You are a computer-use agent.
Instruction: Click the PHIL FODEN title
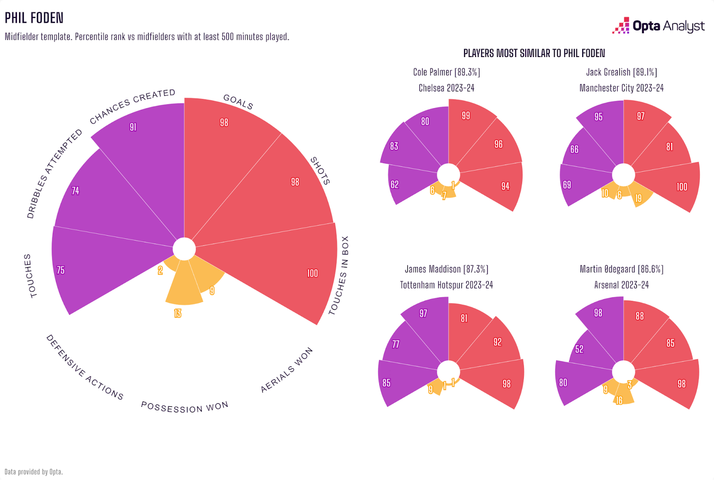[34, 18]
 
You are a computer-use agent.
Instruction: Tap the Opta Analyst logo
[659, 26]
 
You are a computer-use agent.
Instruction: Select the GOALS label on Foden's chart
[238, 102]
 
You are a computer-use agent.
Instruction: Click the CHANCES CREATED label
[133, 107]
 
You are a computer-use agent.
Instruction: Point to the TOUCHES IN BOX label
[339, 275]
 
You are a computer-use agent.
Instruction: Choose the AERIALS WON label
[286, 370]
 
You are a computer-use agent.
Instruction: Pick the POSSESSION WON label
[185, 407]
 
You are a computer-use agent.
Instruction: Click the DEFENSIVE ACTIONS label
[84, 367]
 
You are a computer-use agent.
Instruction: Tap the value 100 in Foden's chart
[312, 273]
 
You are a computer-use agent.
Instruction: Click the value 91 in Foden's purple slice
[133, 127]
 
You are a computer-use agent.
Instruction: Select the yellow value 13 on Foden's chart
[178, 314]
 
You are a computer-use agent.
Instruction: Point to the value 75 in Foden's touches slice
[61, 270]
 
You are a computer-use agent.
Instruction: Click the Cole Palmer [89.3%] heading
[446, 72]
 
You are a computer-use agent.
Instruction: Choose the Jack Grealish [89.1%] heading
[621, 72]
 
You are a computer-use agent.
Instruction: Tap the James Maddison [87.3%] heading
[446, 269]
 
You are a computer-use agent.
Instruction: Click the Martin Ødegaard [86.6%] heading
[621, 269]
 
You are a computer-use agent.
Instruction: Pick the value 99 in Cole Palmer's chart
[466, 116]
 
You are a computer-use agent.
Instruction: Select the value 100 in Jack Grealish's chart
[682, 187]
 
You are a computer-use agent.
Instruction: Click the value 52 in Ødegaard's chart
[579, 349]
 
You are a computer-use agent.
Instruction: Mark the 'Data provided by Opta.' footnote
[33, 472]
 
